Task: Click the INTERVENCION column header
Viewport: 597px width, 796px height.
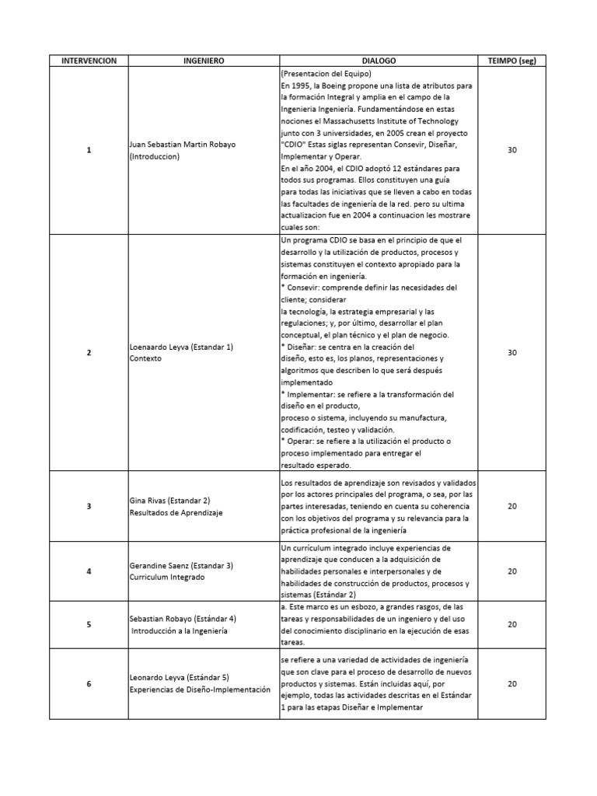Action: click(x=89, y=60)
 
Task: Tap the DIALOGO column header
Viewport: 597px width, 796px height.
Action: click(x=379, y=60)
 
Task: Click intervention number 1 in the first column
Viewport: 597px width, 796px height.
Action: click(x=89, y=150)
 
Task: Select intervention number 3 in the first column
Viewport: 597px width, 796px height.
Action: click(x=89, y=506)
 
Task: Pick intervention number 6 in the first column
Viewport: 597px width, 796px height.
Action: click(x=89, y=683)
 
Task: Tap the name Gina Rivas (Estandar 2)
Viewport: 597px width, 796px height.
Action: click(x=170, y=500)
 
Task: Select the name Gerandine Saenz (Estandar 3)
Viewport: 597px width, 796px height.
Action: click(x=181, y=565)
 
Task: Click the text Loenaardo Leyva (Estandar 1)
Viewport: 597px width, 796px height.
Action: click(x=181, y=346)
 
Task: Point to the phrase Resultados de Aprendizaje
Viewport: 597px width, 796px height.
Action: click(x=176, y=512)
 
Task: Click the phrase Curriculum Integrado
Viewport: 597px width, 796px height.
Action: click(x=167, y=578)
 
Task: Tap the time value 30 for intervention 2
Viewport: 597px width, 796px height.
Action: click(x=512, y=352)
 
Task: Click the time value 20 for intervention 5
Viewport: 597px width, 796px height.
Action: click(x=512, y=624)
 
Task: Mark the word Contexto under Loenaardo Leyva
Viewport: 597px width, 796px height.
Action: click(x=145, y=358)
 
